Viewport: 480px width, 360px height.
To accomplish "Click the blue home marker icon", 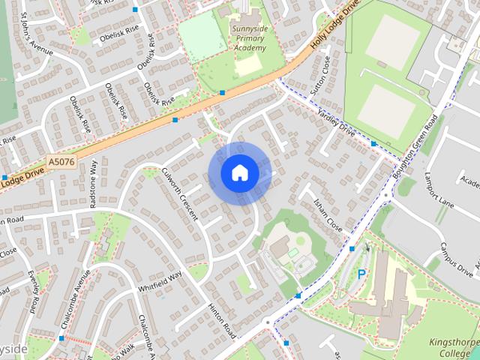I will pyautogui.click(x=239, y=173).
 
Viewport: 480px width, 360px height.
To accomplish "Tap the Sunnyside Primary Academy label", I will pyautogui.click(x=247, y=38).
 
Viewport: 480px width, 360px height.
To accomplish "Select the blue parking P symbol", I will pyautogui.click(x=361, y=274).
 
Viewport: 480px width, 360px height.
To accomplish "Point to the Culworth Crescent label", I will pyautogui.click(x=178, y=193).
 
